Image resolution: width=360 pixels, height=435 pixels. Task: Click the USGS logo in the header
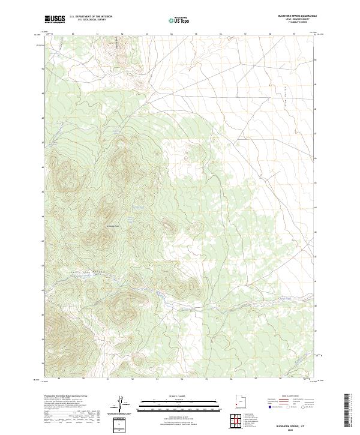(55, 19)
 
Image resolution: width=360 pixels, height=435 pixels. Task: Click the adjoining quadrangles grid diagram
(238, 420)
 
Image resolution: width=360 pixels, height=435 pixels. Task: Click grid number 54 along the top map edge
(171, 34)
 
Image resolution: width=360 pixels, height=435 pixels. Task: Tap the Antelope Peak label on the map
(113, 226)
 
